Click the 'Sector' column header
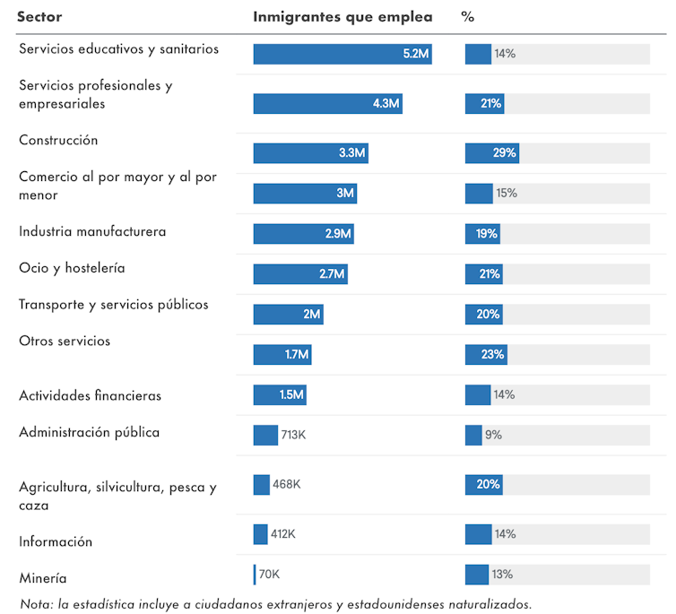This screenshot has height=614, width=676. coord(39,16)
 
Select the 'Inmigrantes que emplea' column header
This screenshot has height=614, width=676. coord(342,16)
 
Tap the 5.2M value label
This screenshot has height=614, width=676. coord(416,54)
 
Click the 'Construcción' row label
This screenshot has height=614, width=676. coord(58,141)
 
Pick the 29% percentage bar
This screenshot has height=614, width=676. coord(491,152)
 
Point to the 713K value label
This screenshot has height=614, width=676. coord(293,435)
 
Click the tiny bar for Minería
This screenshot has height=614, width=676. coord(255,574)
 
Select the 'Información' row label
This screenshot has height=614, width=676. coord(56,541)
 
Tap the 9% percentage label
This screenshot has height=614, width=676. coord(493,435)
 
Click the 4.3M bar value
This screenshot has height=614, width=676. coord(386,103)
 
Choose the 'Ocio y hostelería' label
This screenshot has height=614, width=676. coord(72,268)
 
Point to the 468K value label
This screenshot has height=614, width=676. coord(287,484)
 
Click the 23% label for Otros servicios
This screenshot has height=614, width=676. coord(492,354)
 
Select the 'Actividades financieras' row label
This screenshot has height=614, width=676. coord(90,395)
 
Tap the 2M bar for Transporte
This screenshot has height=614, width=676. coord(288,314)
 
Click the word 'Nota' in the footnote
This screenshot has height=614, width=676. coord(35,603)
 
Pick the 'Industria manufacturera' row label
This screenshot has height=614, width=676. coord(92,231)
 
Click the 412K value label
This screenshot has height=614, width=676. coord(283,533)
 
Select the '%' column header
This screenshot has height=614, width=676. coord(467,16)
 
